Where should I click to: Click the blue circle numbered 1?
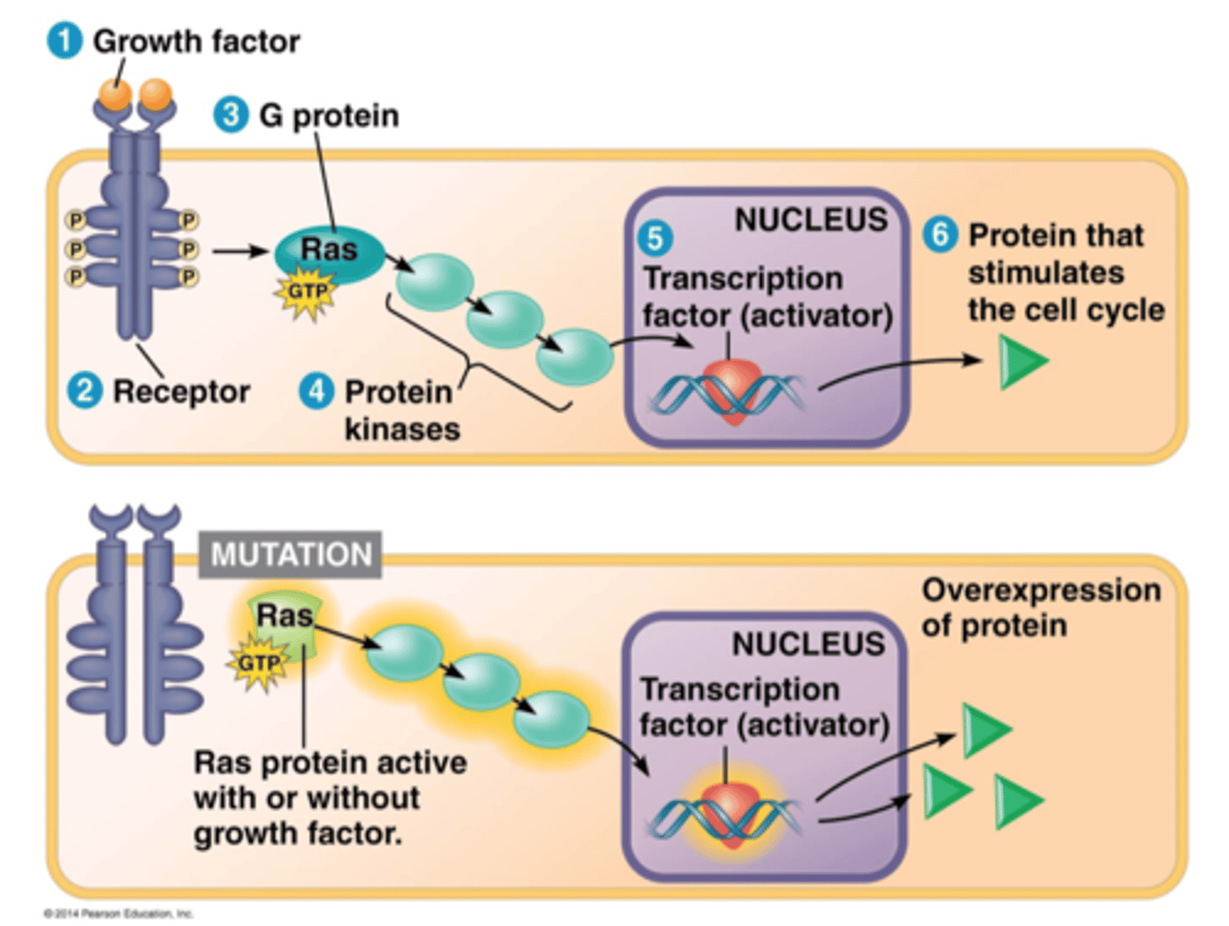point(64,41)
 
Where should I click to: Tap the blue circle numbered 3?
point(230,115)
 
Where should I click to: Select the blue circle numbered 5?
point(655,238)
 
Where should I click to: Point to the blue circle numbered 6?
point(940,234)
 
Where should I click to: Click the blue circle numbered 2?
point(84,391)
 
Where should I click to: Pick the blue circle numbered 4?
point(316,391)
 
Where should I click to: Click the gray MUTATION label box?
point(290,555)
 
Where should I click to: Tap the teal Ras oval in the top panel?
point(329,253)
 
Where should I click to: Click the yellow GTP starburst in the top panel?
point(306,293)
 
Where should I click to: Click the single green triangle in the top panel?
point(1021,361)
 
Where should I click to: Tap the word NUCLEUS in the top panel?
point(811,220)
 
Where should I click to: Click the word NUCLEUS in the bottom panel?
point(808,644)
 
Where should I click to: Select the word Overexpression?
point(1041,590)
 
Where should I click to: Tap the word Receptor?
point(181,392)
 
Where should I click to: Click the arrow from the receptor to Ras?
point(240,251)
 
